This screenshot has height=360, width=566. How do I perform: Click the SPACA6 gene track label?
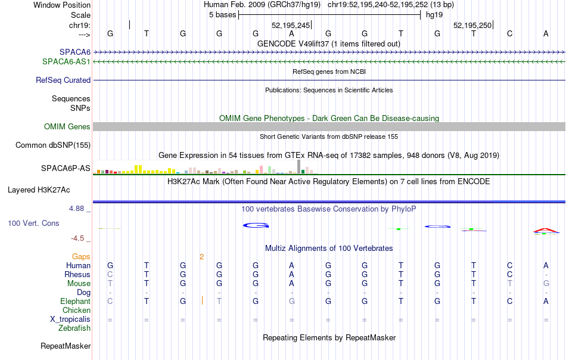(x=75, y=52)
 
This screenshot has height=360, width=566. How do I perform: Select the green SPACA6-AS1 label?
(x=66, y=61)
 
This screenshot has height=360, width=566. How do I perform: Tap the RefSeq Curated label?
(x=63, y=80)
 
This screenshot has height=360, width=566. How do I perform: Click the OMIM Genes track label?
(x=67, y=126)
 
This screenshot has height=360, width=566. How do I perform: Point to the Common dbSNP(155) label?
(x=53, y=145)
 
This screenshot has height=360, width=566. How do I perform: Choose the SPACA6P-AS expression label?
(x=66, y=168)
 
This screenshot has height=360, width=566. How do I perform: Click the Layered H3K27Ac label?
(x=39, y=190)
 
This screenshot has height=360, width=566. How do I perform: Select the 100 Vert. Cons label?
(x=33, y=223)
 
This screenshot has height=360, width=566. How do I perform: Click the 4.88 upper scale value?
(x=76, y=209)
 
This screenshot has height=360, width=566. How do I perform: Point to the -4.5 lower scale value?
(x=77, y=238)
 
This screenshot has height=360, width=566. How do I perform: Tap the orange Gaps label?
(x=81, y=256)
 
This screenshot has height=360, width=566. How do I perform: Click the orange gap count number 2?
(x=201, y=257)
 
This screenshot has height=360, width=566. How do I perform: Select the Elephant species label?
(x=75, y=301)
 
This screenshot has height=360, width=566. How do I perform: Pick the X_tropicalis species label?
(x=70, y=319)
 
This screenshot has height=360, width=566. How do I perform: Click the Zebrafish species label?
(x=74, y=328)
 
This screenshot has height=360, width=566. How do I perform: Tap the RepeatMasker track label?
(x=66, y=346)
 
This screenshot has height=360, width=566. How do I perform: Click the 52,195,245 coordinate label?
(x=291, y=25)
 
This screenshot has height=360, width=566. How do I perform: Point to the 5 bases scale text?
(x=222, y=15)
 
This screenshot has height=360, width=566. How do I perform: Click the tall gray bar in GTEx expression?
(x=298, y=166)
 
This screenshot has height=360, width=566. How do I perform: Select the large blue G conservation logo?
(x=256, y=225)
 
